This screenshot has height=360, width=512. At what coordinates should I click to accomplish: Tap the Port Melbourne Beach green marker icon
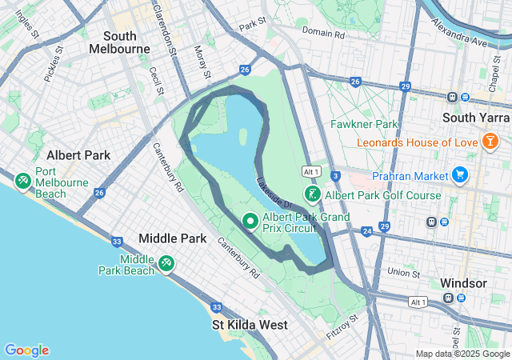[22, 182]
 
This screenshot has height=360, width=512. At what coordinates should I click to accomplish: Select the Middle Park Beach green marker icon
[166, 262]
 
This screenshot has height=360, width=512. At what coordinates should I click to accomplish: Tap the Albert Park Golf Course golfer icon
[313, 194]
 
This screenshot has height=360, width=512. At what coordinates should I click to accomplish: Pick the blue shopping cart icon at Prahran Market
[459, 174]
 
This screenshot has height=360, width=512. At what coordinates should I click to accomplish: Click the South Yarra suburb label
[476, 118]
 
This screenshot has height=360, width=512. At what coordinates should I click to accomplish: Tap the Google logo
[26, 350]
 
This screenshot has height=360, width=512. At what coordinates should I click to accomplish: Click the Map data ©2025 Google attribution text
[462, 354]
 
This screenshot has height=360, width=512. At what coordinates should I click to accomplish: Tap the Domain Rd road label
[323, 34]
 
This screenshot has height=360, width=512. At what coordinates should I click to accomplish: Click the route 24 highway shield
[366, 231]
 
